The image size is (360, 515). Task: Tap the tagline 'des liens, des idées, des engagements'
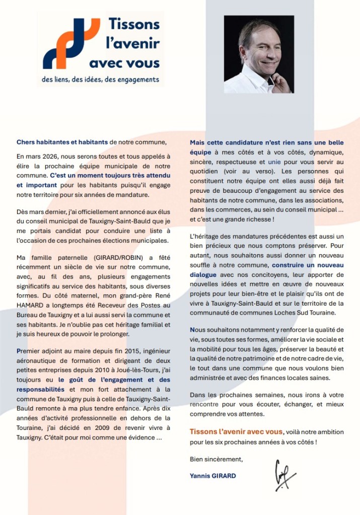tap(100, 79)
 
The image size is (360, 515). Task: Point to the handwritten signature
tap(284, 475)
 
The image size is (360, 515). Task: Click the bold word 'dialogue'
tap(203, 275)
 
